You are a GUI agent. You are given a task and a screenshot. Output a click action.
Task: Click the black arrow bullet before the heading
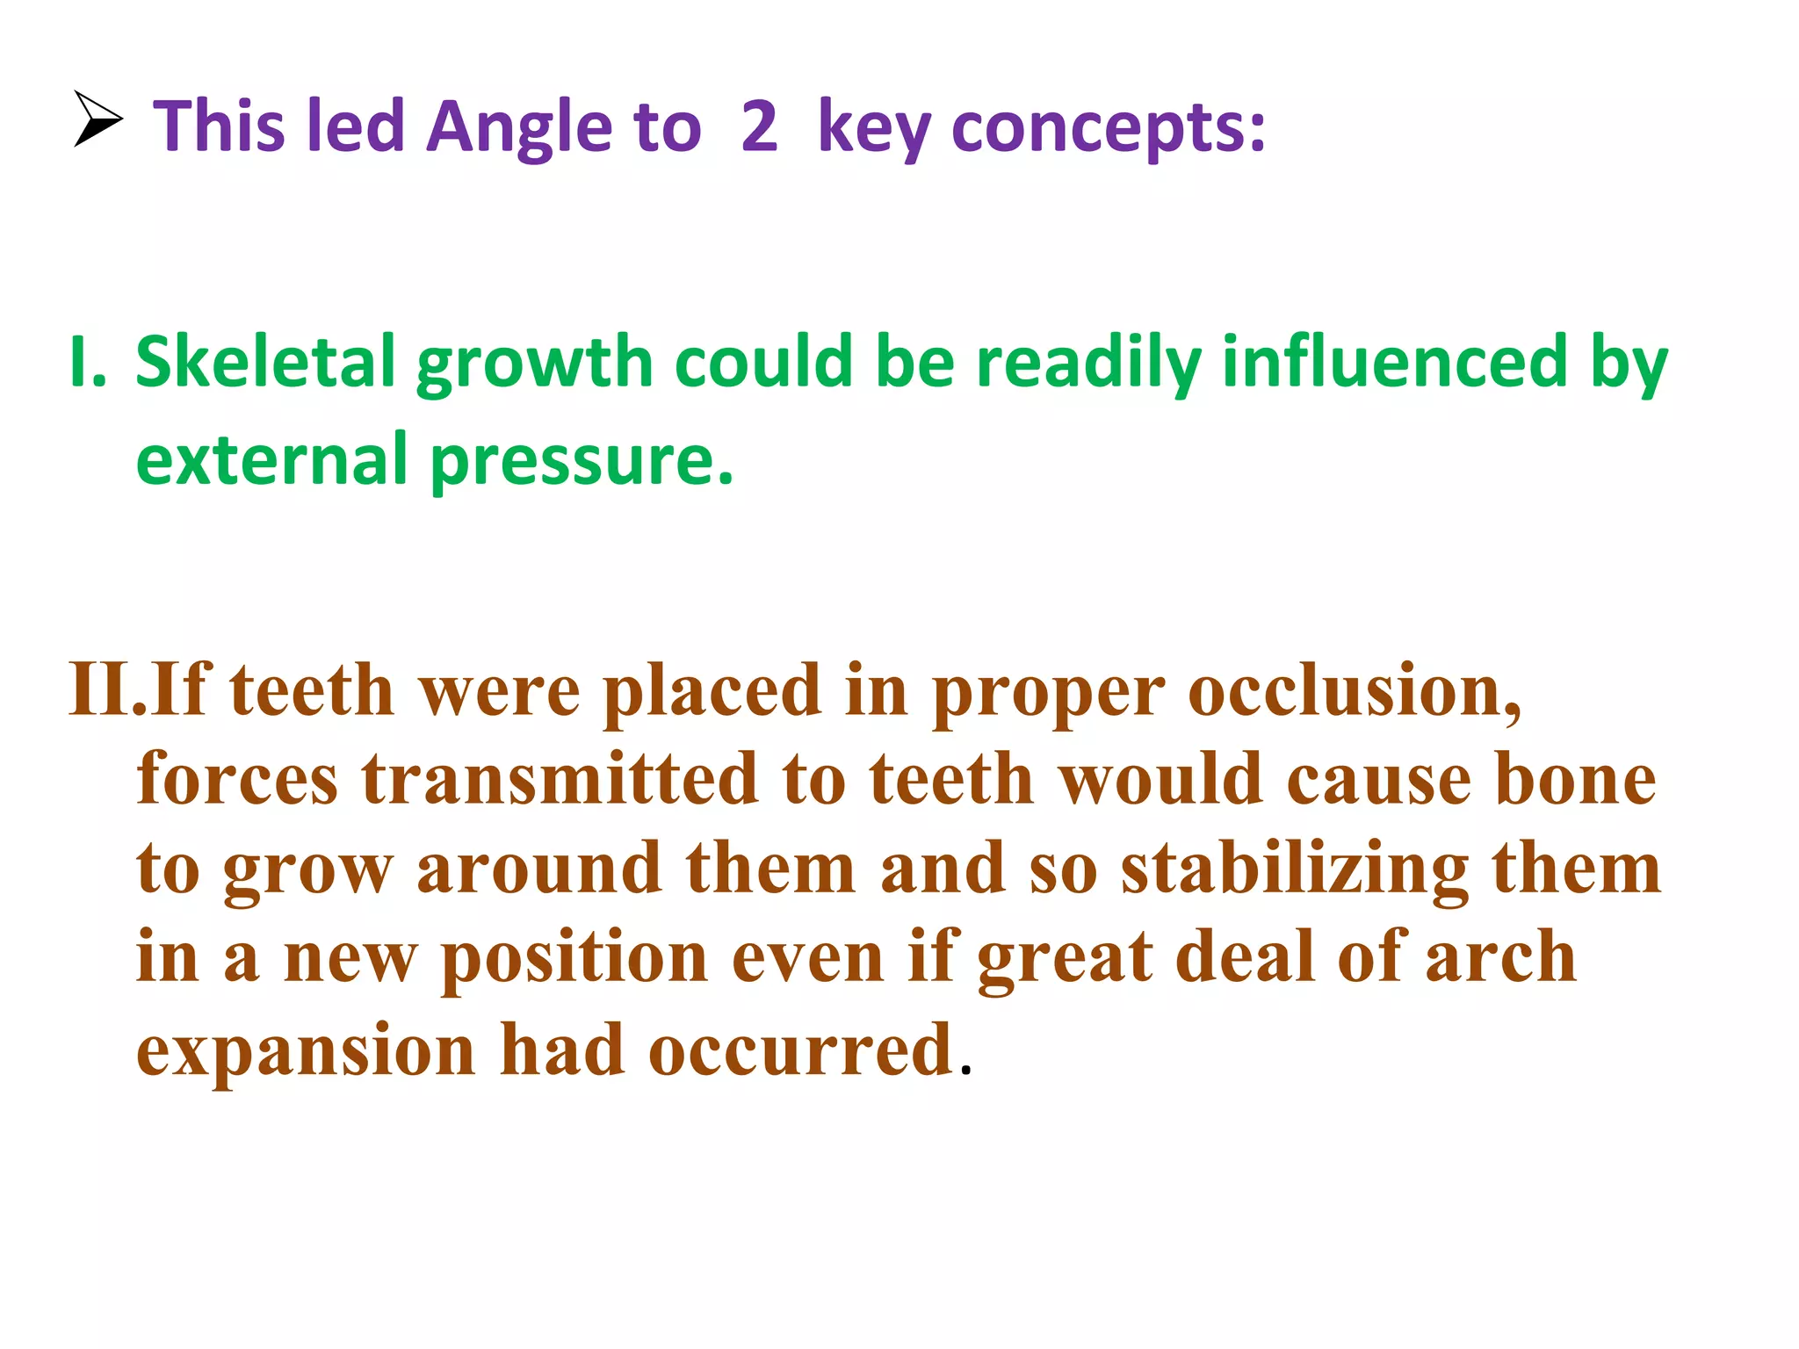[98, 119]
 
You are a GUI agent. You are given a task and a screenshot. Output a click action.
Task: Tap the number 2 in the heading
[759, 126]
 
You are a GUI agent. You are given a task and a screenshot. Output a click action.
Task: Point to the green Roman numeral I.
[87, 362]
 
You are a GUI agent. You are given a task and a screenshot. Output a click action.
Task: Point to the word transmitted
[560, 779]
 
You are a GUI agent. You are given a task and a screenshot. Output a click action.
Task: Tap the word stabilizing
[1294, 869]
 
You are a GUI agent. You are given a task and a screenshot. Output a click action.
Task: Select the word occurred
[800, 1050]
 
